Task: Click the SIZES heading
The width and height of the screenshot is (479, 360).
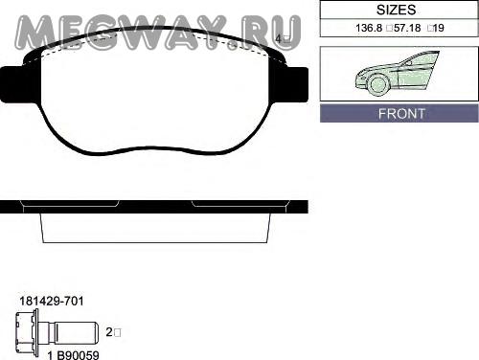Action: click(x=396, y=10)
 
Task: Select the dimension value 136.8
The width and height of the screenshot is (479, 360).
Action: click(x=369, y=28)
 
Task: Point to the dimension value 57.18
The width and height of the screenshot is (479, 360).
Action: click(x=407, y=28)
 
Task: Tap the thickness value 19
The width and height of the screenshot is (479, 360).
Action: click(x=439, y=28)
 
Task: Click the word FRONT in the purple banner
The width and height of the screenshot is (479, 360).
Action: click(x=401, y=114)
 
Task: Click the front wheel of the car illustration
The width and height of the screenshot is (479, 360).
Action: click(x=379, y=84)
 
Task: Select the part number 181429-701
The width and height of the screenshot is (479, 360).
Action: click(x=52, y=301)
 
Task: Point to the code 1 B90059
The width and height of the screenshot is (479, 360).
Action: click(x=73, y=355)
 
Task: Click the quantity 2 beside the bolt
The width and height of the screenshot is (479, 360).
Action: click(x=109, y=332)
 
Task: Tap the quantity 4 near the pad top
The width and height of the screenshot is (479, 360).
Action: click(x=278, y=39)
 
